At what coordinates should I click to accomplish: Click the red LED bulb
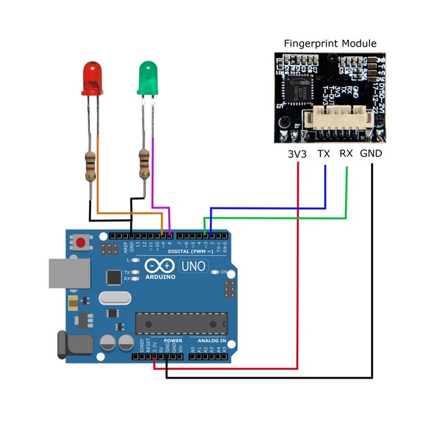point(91,77)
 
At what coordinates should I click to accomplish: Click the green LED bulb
point(147,77)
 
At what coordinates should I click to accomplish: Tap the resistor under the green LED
point(145,163)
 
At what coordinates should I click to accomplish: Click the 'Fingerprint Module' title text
point(330,44)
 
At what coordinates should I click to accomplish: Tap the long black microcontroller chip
point(181,323)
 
